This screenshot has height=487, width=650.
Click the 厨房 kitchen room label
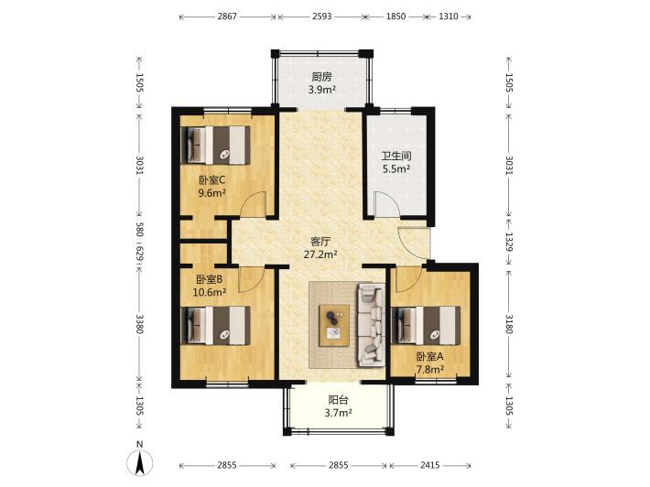tap(322, 77)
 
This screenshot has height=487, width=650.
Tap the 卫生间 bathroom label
tap(396, 156)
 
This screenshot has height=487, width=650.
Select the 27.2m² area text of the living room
tap(320, 254)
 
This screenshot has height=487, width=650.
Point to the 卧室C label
tap(211, 180)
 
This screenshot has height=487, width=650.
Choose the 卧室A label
tap(430, 356)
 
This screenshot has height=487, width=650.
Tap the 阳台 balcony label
tap(338, 400)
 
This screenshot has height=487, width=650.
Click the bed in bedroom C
tap(216, 146)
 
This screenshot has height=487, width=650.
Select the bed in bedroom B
tap(216, 325)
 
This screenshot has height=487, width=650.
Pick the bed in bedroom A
tap(426, 325)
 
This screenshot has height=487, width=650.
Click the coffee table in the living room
tap(334, 325)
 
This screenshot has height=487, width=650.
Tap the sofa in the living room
tap(371, 325)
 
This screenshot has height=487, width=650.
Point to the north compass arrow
tap(140, 462)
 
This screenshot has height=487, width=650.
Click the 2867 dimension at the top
tap(227, 16)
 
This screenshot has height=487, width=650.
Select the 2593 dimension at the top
tap(321, 16)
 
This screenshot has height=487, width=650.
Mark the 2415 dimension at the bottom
tap(430, 465)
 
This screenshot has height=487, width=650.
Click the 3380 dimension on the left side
tap(140, 324)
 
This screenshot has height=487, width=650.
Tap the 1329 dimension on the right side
tap(509, 242)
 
